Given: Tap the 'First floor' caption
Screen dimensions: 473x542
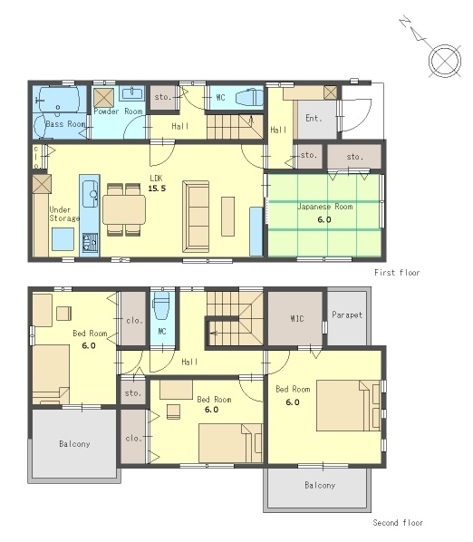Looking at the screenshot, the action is click(397, 273).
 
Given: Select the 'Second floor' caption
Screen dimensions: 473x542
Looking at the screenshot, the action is click(398, 523).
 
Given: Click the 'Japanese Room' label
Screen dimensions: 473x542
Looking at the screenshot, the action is click(325, 207).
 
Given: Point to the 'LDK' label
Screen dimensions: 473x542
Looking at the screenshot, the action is click(156, 179).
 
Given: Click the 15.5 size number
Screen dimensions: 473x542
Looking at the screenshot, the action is click(157, 189).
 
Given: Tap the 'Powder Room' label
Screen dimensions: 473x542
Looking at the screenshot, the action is click(118, 111).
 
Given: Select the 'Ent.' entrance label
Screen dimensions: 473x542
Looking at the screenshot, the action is click(314, 118).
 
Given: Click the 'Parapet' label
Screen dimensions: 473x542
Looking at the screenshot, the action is click(347, 315).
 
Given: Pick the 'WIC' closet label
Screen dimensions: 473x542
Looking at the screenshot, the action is click(297, 318).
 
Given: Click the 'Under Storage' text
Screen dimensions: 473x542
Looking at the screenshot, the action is click(64, 214).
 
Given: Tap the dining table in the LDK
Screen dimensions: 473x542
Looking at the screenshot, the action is click(124, 209).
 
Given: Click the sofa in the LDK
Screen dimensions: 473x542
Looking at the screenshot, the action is click(196, 217).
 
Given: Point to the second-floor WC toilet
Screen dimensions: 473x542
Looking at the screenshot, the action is click(161, 305).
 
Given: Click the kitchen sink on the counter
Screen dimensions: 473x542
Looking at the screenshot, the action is click(90, 194).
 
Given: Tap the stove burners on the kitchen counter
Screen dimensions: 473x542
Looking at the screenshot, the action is click(90, 242).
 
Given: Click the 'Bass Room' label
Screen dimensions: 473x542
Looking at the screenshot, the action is click(65, 124).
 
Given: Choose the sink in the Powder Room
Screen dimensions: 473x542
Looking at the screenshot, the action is click(132, 93).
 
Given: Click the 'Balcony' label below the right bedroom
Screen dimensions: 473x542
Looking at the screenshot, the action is click(320, 485).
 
